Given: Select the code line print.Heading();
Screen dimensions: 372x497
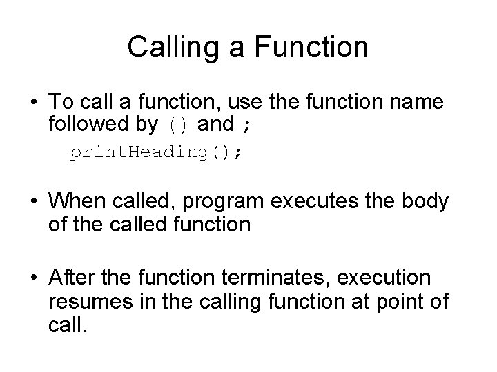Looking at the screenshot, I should [x=156, y=153].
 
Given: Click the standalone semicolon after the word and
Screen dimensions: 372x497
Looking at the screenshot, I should [x=247, y=125].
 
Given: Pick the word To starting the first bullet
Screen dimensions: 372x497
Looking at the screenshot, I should [x=61, y=102].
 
